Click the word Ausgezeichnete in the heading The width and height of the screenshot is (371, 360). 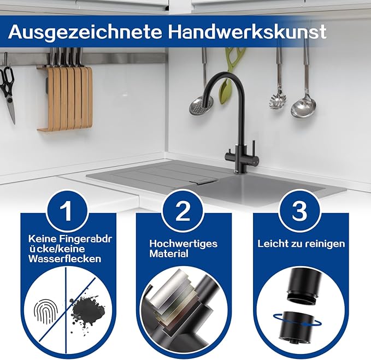[x=85, y=32]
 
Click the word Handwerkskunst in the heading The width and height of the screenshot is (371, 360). [x=248, y=31]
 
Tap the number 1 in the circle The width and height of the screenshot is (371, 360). [x=66, y=211]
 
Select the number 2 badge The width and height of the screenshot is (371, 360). [x=182, y=211]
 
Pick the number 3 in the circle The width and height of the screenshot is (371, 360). [x=299, y=210]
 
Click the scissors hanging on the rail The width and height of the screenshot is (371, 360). [x=9, y=93]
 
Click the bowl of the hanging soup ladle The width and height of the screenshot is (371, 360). [x=304, y=107]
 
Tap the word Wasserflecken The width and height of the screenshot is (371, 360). [x=65, y=259]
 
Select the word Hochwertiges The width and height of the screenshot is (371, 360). [x=184, y=244]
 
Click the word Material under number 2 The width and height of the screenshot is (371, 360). [x=169, y=254]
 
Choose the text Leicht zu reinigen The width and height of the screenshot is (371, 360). [x=301, y=244]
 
